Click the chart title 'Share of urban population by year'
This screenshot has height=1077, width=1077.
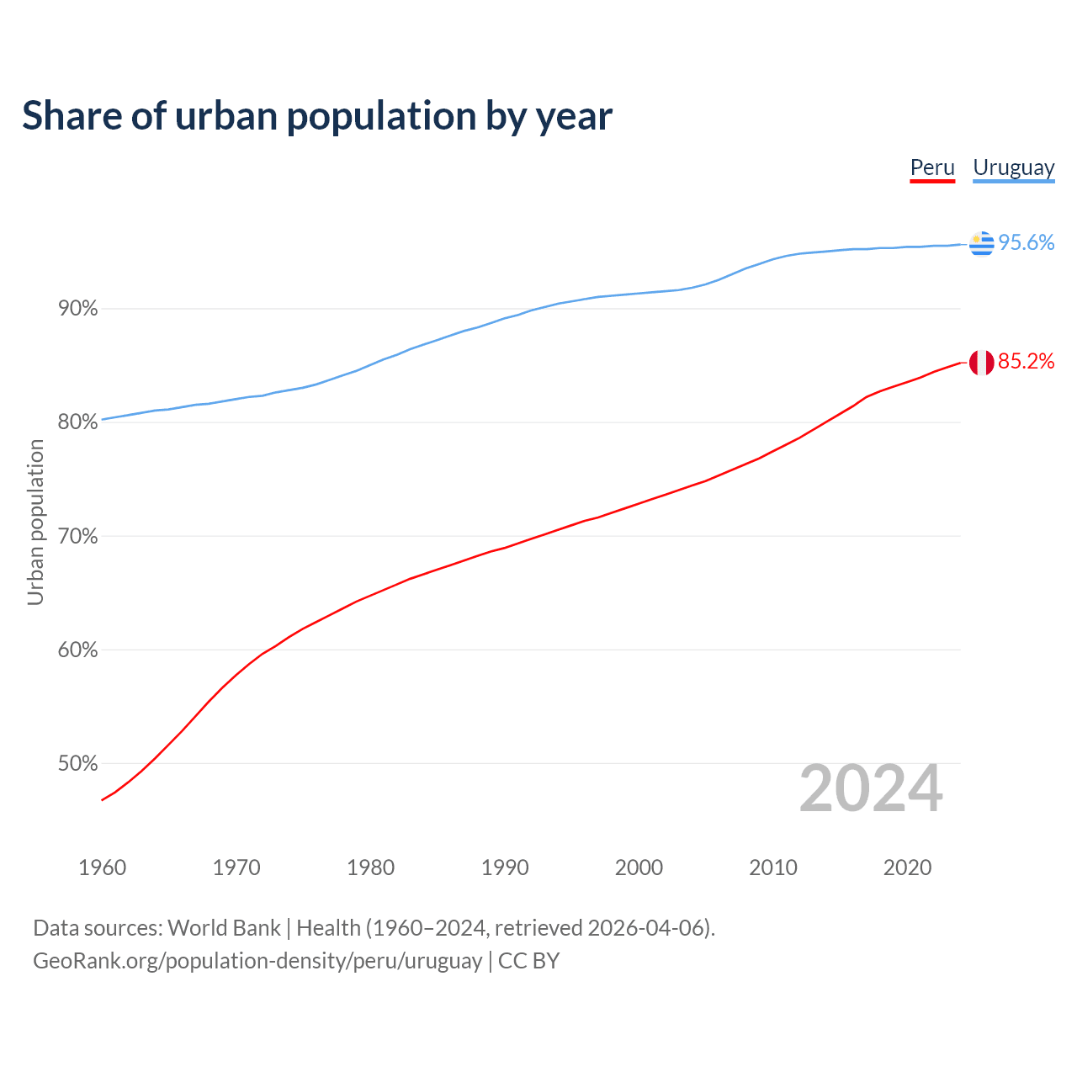tap(316, 116)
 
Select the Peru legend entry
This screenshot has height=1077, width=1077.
tap(932, 167)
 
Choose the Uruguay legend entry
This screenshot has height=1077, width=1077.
tap(1013, 167)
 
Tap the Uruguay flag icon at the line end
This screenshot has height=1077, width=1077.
tap(981, 243)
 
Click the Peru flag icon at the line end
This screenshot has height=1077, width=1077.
tap(981, 363)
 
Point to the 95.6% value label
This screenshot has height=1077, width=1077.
tap(1026, 243)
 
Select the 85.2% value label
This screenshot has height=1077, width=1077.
tap(1026, 362)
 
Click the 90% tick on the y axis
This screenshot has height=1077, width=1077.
tap(77, 309)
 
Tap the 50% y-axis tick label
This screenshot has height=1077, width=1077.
tap(77, 764)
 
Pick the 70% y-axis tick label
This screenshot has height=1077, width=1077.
tap(77, 537)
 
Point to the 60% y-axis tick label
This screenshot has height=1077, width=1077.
tap(77, 650)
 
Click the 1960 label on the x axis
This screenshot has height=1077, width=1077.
tap(102, 867)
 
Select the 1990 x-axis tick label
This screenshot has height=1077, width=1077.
tap(505, 867)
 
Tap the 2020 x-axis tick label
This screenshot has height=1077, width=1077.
tap(907, 867)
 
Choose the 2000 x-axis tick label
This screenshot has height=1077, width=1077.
tap(639, 867)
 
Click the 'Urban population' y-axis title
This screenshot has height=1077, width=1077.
tap(35, 522)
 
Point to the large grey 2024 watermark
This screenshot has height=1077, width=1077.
tap(870, 789)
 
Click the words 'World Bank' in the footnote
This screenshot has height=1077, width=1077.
tap(224, 928)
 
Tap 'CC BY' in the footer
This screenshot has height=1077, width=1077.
tap(528, 961)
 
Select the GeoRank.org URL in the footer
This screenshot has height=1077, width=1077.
tap(257, 961)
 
